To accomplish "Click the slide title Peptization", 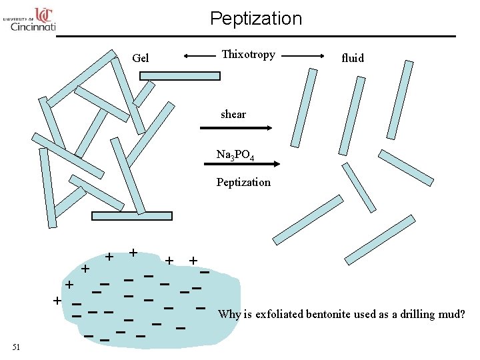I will click(255, 18).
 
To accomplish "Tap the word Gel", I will click(141, 58).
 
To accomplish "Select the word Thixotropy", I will click(248, 55).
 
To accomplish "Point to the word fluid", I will click(353, 58).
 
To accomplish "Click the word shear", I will click(233, 114).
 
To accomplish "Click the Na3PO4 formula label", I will click(235, 155).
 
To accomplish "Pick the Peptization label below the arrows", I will click(243, 182).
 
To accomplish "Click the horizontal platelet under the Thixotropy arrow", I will click(180, 76).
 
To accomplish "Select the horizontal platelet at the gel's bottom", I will click(131, 216).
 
